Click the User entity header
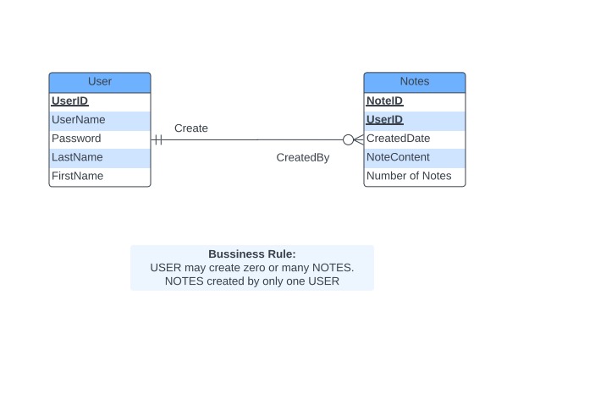(x=100, y=82)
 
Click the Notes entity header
(x=415, y=82)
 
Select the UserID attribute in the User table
(x=70, y=101)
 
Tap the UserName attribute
(x=79, y=120)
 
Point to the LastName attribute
(x=77, y=157)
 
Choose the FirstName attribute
(x=77, y=176)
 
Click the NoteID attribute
(x=384, y=101)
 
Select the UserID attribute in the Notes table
(x=384, y=120)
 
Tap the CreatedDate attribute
(x=398, y=139)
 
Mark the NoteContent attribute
(x=398, y=157)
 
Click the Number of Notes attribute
(x=409, y=176)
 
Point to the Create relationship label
(x=191, y=128)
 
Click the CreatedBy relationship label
(x=303, y=158)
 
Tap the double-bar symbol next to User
(x=157, y=139)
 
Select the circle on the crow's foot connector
(x=348, y=139)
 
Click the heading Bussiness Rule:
(x=252, y=254)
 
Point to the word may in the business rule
(x=196, y=268)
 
